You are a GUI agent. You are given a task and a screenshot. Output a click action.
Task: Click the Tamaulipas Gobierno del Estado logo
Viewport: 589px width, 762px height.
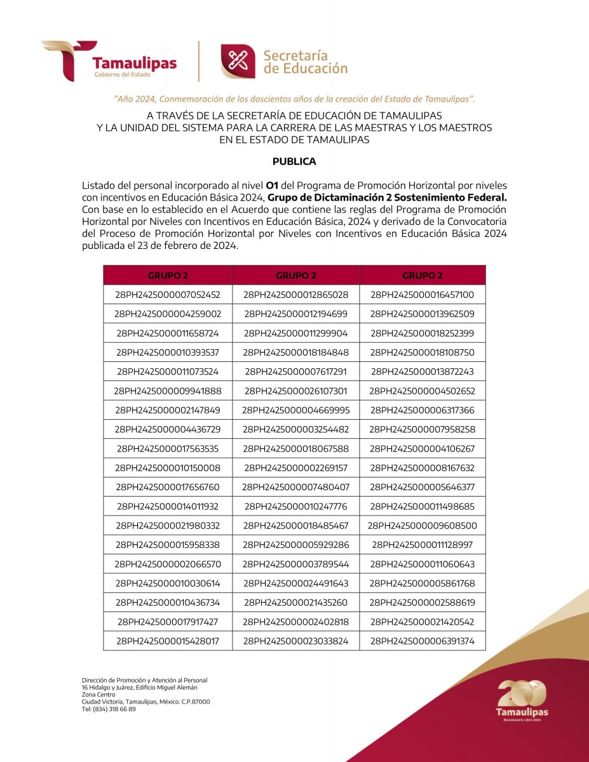point(109,61)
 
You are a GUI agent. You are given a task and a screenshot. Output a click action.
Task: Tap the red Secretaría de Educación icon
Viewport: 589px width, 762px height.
point(238,61)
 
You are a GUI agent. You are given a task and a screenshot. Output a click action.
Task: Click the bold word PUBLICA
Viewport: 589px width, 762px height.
point(294,161)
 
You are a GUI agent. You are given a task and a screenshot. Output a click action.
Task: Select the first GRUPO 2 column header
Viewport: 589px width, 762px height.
point(168,276)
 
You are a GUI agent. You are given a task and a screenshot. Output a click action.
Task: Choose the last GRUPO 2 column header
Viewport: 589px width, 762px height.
point(423,276)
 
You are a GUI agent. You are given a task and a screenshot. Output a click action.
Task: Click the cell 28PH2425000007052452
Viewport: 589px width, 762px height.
point(168,295)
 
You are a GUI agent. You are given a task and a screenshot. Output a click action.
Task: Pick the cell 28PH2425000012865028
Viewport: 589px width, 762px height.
point(296,295)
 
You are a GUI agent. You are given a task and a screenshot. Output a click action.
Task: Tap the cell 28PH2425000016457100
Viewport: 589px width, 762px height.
point(423,295)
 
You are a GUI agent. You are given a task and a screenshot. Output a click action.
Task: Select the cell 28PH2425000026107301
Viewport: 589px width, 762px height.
point(296,391)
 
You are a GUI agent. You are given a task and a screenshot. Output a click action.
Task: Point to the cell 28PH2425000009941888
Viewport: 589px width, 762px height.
point(168,391)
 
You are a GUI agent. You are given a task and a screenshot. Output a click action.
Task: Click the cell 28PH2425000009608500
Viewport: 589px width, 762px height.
point(423,526)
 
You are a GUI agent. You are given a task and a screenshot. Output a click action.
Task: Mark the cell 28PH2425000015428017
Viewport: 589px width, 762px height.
point(168,641)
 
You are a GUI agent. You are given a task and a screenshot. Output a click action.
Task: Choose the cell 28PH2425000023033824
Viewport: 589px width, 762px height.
point(296,641)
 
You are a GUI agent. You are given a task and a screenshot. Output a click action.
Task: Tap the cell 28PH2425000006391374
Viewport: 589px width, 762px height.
point(423,641)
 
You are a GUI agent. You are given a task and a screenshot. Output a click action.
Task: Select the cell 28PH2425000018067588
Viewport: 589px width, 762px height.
point(296,449)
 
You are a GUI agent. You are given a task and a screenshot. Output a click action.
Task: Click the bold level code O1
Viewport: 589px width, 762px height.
point(272,185)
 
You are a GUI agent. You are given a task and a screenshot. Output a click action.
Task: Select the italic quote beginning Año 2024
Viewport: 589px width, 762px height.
point(294,99)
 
